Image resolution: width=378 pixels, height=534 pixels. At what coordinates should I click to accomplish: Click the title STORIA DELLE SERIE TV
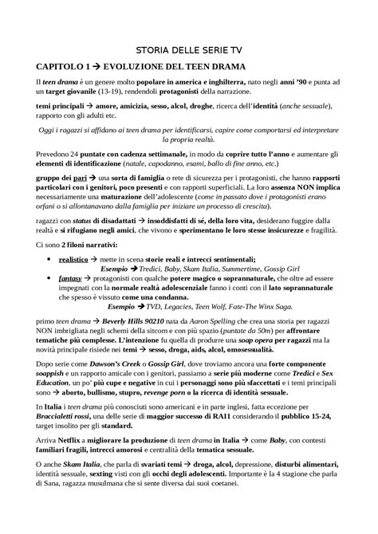click(189, 49)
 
